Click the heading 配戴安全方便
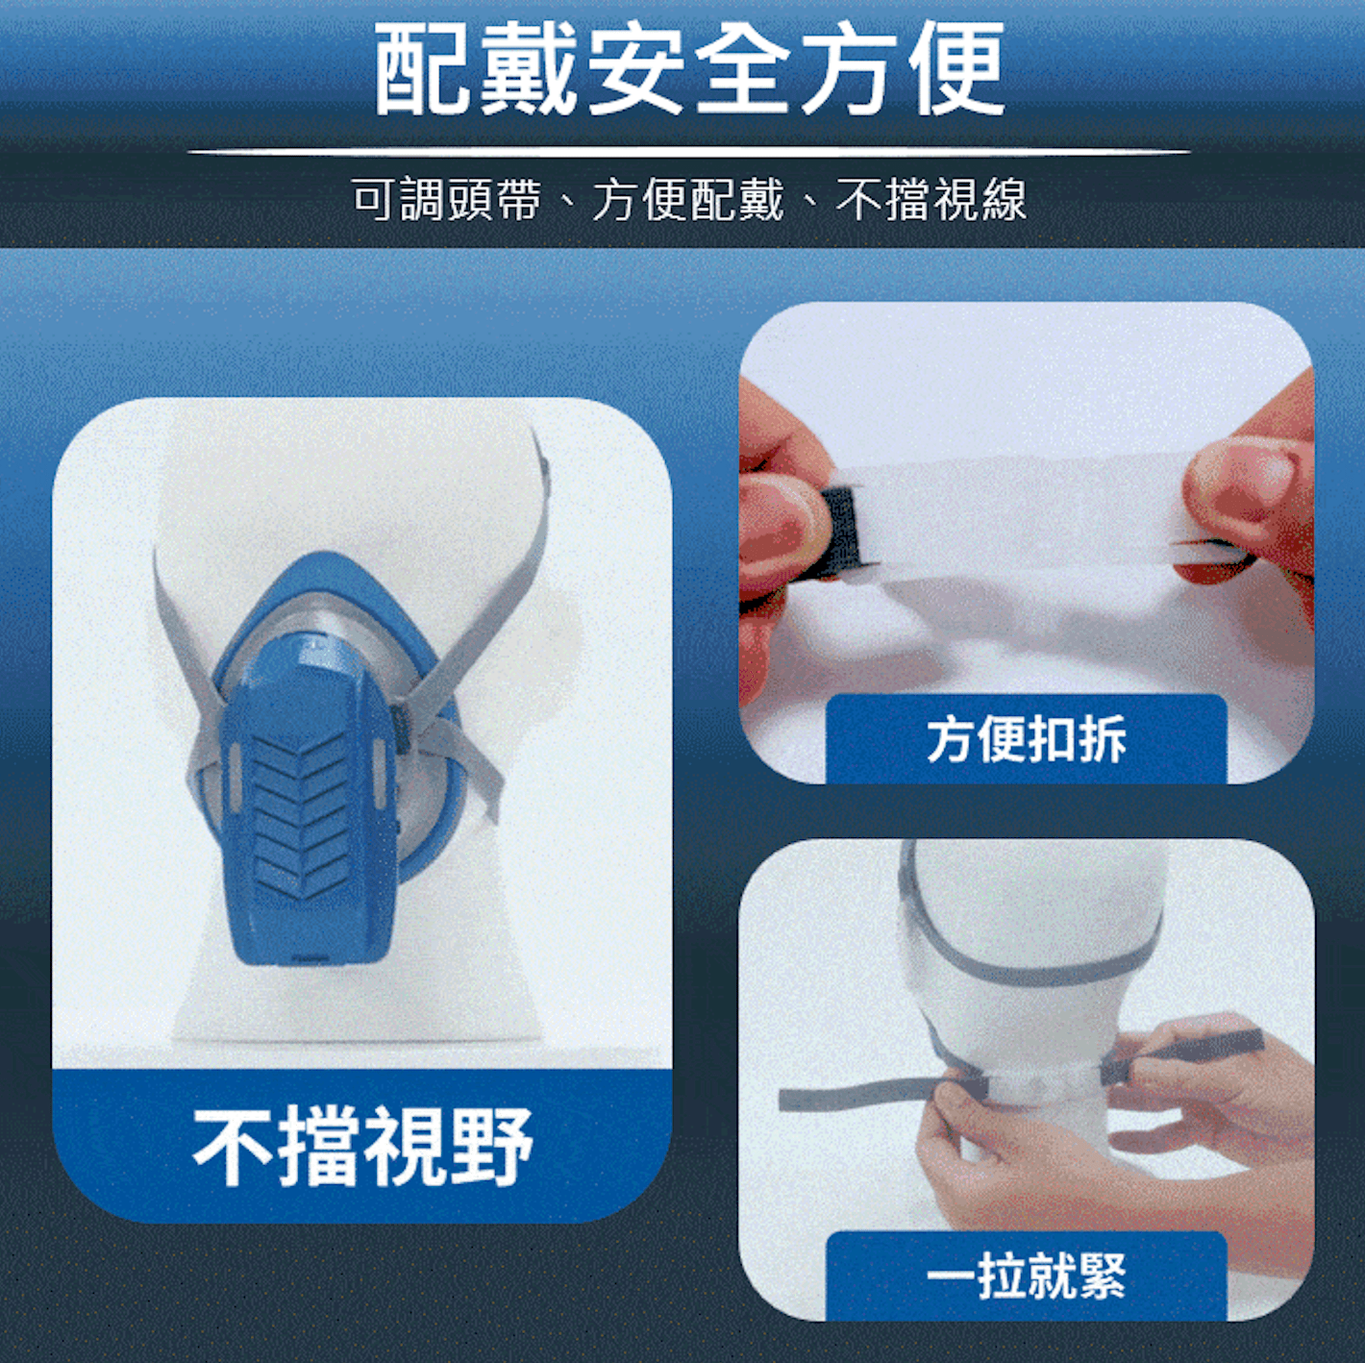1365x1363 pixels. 688,69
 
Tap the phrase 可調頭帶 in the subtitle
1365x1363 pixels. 446,200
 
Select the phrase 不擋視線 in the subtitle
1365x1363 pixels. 931,200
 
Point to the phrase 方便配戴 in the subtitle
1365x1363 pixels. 688,200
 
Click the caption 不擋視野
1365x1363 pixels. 362,1146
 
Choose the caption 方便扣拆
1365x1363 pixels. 1026,739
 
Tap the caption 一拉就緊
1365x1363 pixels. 1026,1276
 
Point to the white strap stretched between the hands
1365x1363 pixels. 1019,519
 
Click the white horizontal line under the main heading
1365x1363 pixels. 688,152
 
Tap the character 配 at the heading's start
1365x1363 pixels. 421,69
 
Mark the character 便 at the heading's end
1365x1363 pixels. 957,69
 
